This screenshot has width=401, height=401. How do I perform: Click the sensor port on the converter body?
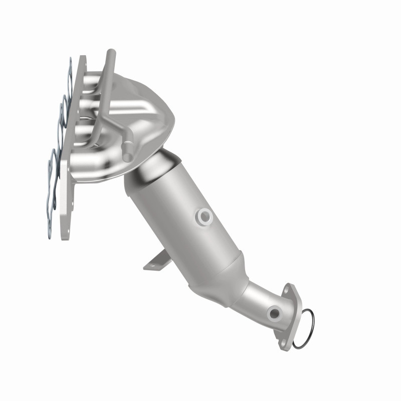point(205,216)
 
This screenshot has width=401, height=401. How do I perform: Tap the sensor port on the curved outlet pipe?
point(274,314)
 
